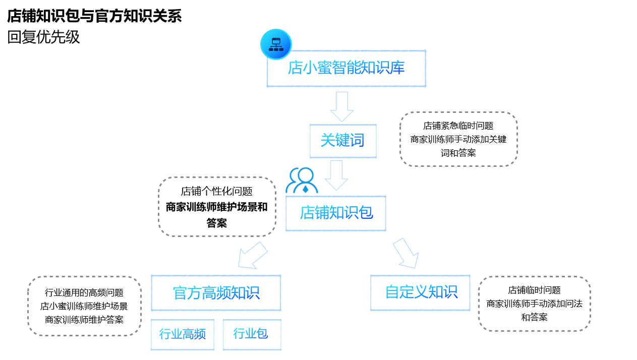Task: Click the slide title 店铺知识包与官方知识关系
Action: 94,16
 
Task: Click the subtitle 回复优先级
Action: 43,37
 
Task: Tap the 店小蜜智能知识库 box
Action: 346,68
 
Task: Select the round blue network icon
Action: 276,44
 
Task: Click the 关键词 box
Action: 342,141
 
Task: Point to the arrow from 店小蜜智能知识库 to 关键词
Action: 341,106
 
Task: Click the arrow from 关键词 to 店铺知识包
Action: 336,175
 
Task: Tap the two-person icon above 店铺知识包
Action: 302,181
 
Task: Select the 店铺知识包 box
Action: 336,213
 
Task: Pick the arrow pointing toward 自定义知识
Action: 407,253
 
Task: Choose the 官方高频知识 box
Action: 216,293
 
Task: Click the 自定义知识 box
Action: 420,292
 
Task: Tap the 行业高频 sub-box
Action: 183,334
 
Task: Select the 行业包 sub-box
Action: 251,334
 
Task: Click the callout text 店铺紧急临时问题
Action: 458,126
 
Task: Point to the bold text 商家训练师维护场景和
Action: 217,207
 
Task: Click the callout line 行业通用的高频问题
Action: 84,292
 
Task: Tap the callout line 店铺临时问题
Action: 534,290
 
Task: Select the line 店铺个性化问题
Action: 217,192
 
